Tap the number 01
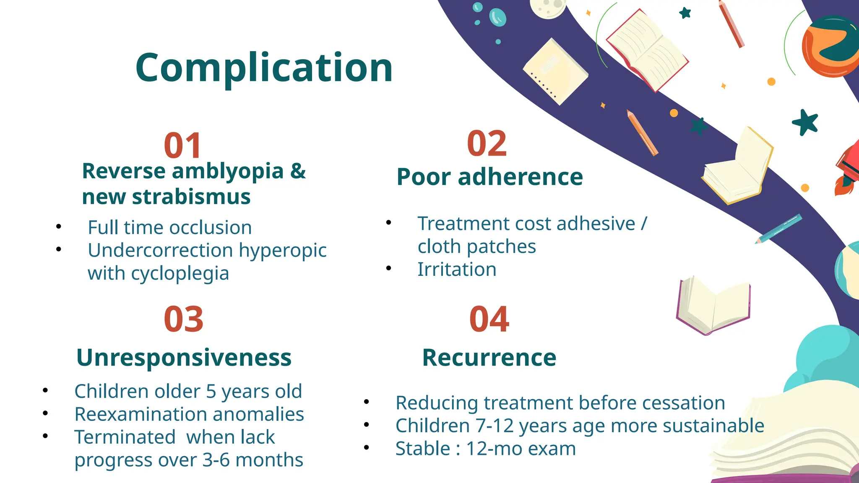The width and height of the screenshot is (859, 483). tap(183, 146)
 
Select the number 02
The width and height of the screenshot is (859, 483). tap(487, 144)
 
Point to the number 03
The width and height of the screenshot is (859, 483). tap(184, 319)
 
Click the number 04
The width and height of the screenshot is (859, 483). tap(489, 319)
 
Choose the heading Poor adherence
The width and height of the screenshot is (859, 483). tap(489, 177)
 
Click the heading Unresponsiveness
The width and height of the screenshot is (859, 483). tap(184, 358)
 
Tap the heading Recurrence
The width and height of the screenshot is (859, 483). tap(489, 358)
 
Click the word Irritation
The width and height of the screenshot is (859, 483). tap(457, 270)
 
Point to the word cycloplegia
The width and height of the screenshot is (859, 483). tap(180, 274)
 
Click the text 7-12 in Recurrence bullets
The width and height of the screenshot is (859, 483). tap(495, 426)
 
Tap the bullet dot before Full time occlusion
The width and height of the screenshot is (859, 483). tap(59, 227)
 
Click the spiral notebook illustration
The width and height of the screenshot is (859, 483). tap(554, 71)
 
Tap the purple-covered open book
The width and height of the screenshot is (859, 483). tap(713, 306)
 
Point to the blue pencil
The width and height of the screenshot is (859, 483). tap(779, 229)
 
